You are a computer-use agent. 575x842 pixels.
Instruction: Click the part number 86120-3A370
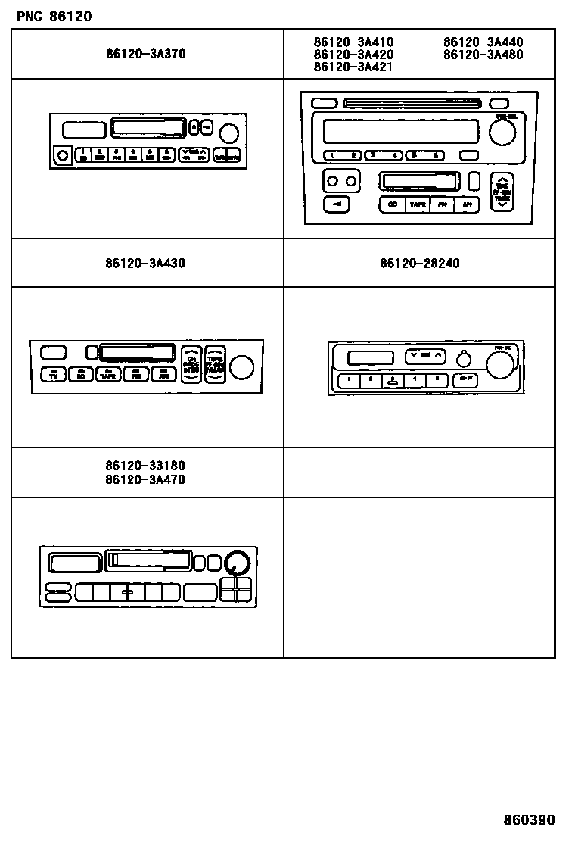[145, 55]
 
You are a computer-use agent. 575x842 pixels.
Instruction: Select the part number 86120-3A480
[483, 55]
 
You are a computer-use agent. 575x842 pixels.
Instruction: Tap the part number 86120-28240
[419, 264]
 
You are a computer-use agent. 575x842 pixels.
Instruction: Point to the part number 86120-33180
[145, 466]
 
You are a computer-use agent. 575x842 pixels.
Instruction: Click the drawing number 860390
[530, 820]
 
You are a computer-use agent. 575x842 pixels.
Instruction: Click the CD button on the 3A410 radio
[392, 204]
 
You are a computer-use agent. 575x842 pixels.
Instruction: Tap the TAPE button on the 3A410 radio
[417, 204]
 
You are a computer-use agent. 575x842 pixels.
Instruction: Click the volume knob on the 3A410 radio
[502, 133]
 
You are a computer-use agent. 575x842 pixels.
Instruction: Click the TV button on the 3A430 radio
[52, 374]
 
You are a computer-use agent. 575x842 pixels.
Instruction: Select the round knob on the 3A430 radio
[241, 367]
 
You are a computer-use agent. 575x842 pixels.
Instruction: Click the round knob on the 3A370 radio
[228, 134]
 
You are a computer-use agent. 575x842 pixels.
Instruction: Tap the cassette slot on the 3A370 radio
[148, 128]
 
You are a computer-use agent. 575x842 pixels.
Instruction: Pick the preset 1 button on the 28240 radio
[349, 381]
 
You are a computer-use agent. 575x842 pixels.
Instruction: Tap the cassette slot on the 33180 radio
[148, 560]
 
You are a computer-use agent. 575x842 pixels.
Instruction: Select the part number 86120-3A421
[353, 67]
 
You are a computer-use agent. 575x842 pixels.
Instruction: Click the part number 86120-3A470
[145, 479]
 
